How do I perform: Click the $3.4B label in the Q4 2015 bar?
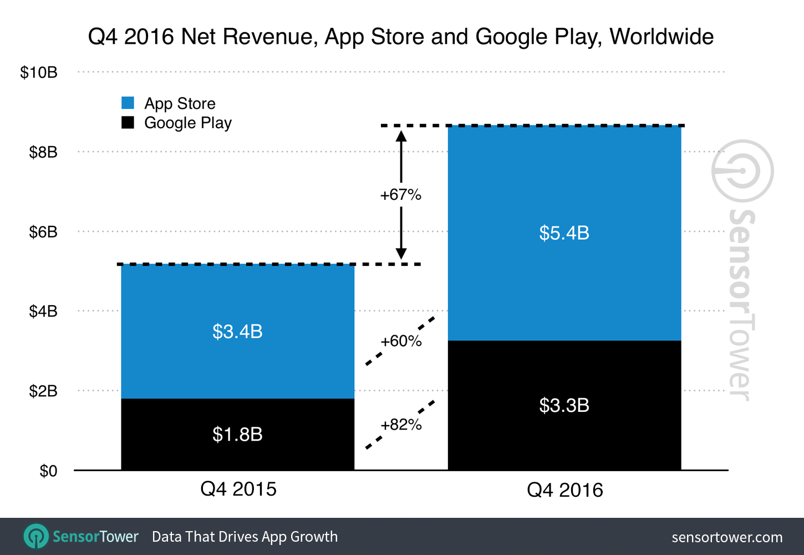pyautogui.click(x=237, y=331)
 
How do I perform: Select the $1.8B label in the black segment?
pyautogui.click(x=237, y=434)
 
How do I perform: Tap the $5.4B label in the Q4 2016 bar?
pyautogui.click(x=564, y=233)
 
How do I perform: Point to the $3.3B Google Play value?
pyautogui.click(x=564, y=405)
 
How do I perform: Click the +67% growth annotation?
pyautogui.click(x=401, y=195)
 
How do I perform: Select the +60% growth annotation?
pyautogui.click(x=401, y=341)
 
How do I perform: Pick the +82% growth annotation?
pyautogui.click(x=401, y=425)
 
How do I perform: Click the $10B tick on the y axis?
pyautogui.click(x=39, y=73)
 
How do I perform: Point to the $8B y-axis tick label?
pyautogui.click(x=43, y=152)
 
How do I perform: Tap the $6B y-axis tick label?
pyautogui.click(x=43, y=232)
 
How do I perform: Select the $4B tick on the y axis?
pyautogui.click(x=43, y=311)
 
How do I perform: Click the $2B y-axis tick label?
pyautogui.click(x=43, y=391)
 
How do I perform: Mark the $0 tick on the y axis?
pyautogui.click(x=48, y=471)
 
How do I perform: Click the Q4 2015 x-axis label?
pyautogui.click(x=238, y=489)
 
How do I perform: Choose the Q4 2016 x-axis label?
pyautogui.click(x=564, y=490)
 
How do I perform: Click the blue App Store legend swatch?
pyautogui.click(x=128, y=103)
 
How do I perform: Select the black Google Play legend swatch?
pyautogui.click(x=128, y=122)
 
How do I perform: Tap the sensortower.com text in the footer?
pyautogui.click(x=726, y=537)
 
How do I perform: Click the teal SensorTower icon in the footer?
pyautogui.click(x=36, y=537)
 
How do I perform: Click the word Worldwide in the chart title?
pyautogui.click(x=661, y=37)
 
